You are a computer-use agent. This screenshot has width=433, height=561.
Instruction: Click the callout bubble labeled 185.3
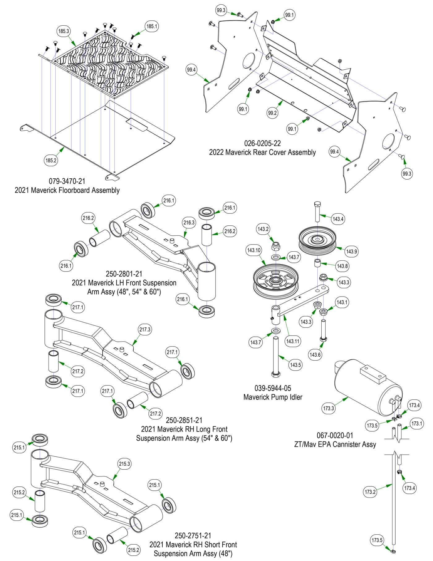click(63, 31)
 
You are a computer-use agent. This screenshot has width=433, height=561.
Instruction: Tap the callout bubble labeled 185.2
click(51, 160)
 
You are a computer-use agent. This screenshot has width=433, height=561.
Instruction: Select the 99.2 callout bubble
click(272, 113)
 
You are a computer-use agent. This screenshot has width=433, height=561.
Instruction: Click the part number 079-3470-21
click(67, 181)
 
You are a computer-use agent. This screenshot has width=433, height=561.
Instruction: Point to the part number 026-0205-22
click(262, 143)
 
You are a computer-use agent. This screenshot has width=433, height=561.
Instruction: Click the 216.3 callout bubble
click(189, 223)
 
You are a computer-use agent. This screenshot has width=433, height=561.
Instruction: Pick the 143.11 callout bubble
click(293, 341)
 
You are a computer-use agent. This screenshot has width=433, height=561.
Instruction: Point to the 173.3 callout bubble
click(329, 408)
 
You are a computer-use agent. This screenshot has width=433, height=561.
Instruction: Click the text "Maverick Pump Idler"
click(272, 397)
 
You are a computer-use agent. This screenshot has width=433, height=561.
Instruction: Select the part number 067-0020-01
click(335, 435)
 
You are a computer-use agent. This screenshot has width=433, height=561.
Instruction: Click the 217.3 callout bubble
click(145, 329)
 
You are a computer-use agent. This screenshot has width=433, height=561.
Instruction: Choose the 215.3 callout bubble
click(124, 464)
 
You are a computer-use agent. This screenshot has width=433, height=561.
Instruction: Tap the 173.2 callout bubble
click(370, 492)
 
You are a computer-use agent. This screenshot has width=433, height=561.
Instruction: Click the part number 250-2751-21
click(193, 535)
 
